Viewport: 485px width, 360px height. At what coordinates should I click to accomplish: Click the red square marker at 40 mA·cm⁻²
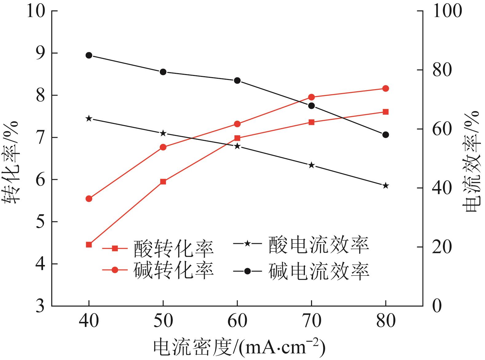pyautogui.click(x=89, y=245)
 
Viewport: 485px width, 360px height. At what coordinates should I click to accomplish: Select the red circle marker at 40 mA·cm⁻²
pyautogui.click(x=89, y=199)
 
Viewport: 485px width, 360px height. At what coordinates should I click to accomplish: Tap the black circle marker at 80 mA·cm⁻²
pyautogui.click(x=386, y=135)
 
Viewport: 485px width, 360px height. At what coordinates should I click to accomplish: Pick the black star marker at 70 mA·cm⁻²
pyautogui.click(x=311, y=165)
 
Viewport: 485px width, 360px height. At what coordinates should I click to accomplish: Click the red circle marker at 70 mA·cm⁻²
pyautogui.click(x=311, y=97)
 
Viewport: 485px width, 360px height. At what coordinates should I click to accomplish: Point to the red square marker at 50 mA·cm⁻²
pyautogui.click(x=163, y=182)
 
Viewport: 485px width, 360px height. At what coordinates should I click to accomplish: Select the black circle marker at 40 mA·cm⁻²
pyautogui.click(x=89, y=55)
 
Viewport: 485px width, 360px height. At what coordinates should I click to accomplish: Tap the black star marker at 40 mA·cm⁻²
pyautogui.click(x=89, y=118)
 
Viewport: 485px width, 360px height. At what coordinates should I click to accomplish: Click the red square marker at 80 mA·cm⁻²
pyautogui.click(x=386, y=112)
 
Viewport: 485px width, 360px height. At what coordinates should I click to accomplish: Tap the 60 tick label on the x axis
pyautogui.click(x=237, y=321)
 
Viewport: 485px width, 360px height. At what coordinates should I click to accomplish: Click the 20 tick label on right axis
pyautogui.click(x=442, y=247)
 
